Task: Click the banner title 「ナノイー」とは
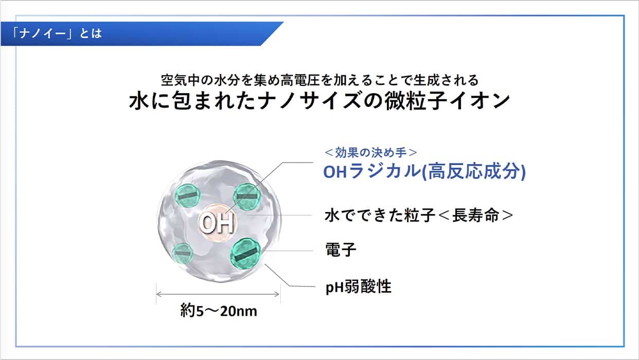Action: [56, 33]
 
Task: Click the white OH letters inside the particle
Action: [217, 223]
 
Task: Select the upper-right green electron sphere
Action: [247, 196]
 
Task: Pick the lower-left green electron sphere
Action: [182, 254]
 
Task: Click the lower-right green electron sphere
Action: [245, 254]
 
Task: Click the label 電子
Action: [341, 249]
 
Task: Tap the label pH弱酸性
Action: [358, 286]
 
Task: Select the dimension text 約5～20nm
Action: [219, 311]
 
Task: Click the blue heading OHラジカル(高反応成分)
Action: [424, 171]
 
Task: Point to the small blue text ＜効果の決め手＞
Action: [371, 153]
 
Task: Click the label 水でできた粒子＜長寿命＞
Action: [419, 215]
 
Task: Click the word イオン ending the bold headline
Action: [480, 101]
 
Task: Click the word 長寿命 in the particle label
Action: [476, 215]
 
